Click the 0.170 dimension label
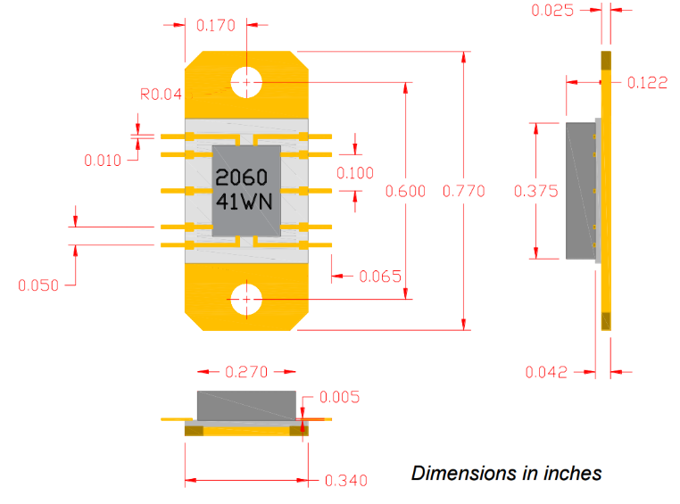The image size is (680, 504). point(216,26)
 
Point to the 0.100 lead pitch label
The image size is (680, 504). point(355,173)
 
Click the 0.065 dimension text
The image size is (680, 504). point(380,277)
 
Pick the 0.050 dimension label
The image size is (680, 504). point(38,285)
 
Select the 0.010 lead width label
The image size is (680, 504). point(104,161)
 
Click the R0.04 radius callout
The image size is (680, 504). point(161,93)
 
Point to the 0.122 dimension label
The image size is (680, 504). point(647,83)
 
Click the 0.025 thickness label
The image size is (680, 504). point(552,11)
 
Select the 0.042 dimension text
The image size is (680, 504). point(546,372)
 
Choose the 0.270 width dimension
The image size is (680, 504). point(246,371)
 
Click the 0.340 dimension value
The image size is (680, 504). point(345,481)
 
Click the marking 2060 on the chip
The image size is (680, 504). point(242,178)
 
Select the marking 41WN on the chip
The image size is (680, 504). point(244,202)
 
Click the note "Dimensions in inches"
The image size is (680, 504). point(506,473)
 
